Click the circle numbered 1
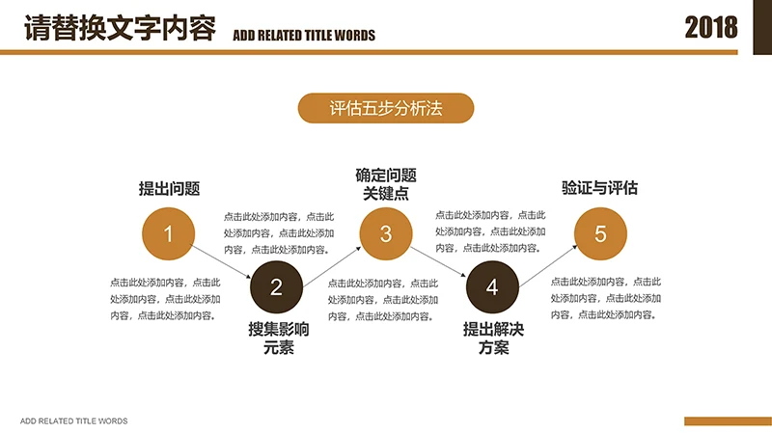[x=169, y=233]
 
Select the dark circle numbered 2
[x=276, y=286]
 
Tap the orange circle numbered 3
[x=386, y=233]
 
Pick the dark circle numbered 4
[x=492, y=286]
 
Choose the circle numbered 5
[x=600, y=233]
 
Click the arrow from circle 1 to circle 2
[x=222, y=260]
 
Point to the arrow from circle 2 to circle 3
[x=332, y=259]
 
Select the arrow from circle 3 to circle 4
[x=439, y=260]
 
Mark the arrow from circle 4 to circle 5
[x=547, y=259]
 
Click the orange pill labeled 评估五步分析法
[x=386, y=109]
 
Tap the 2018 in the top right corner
[x=711, y=28]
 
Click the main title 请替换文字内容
[x=120, y=29]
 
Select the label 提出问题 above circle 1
[x=169, y=189]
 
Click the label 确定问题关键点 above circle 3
[x=386, y=184]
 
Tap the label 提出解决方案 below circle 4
[x=493, y=339]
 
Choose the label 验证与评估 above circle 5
[x=600, y=188]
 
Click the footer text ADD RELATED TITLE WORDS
[x=73, y=421]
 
